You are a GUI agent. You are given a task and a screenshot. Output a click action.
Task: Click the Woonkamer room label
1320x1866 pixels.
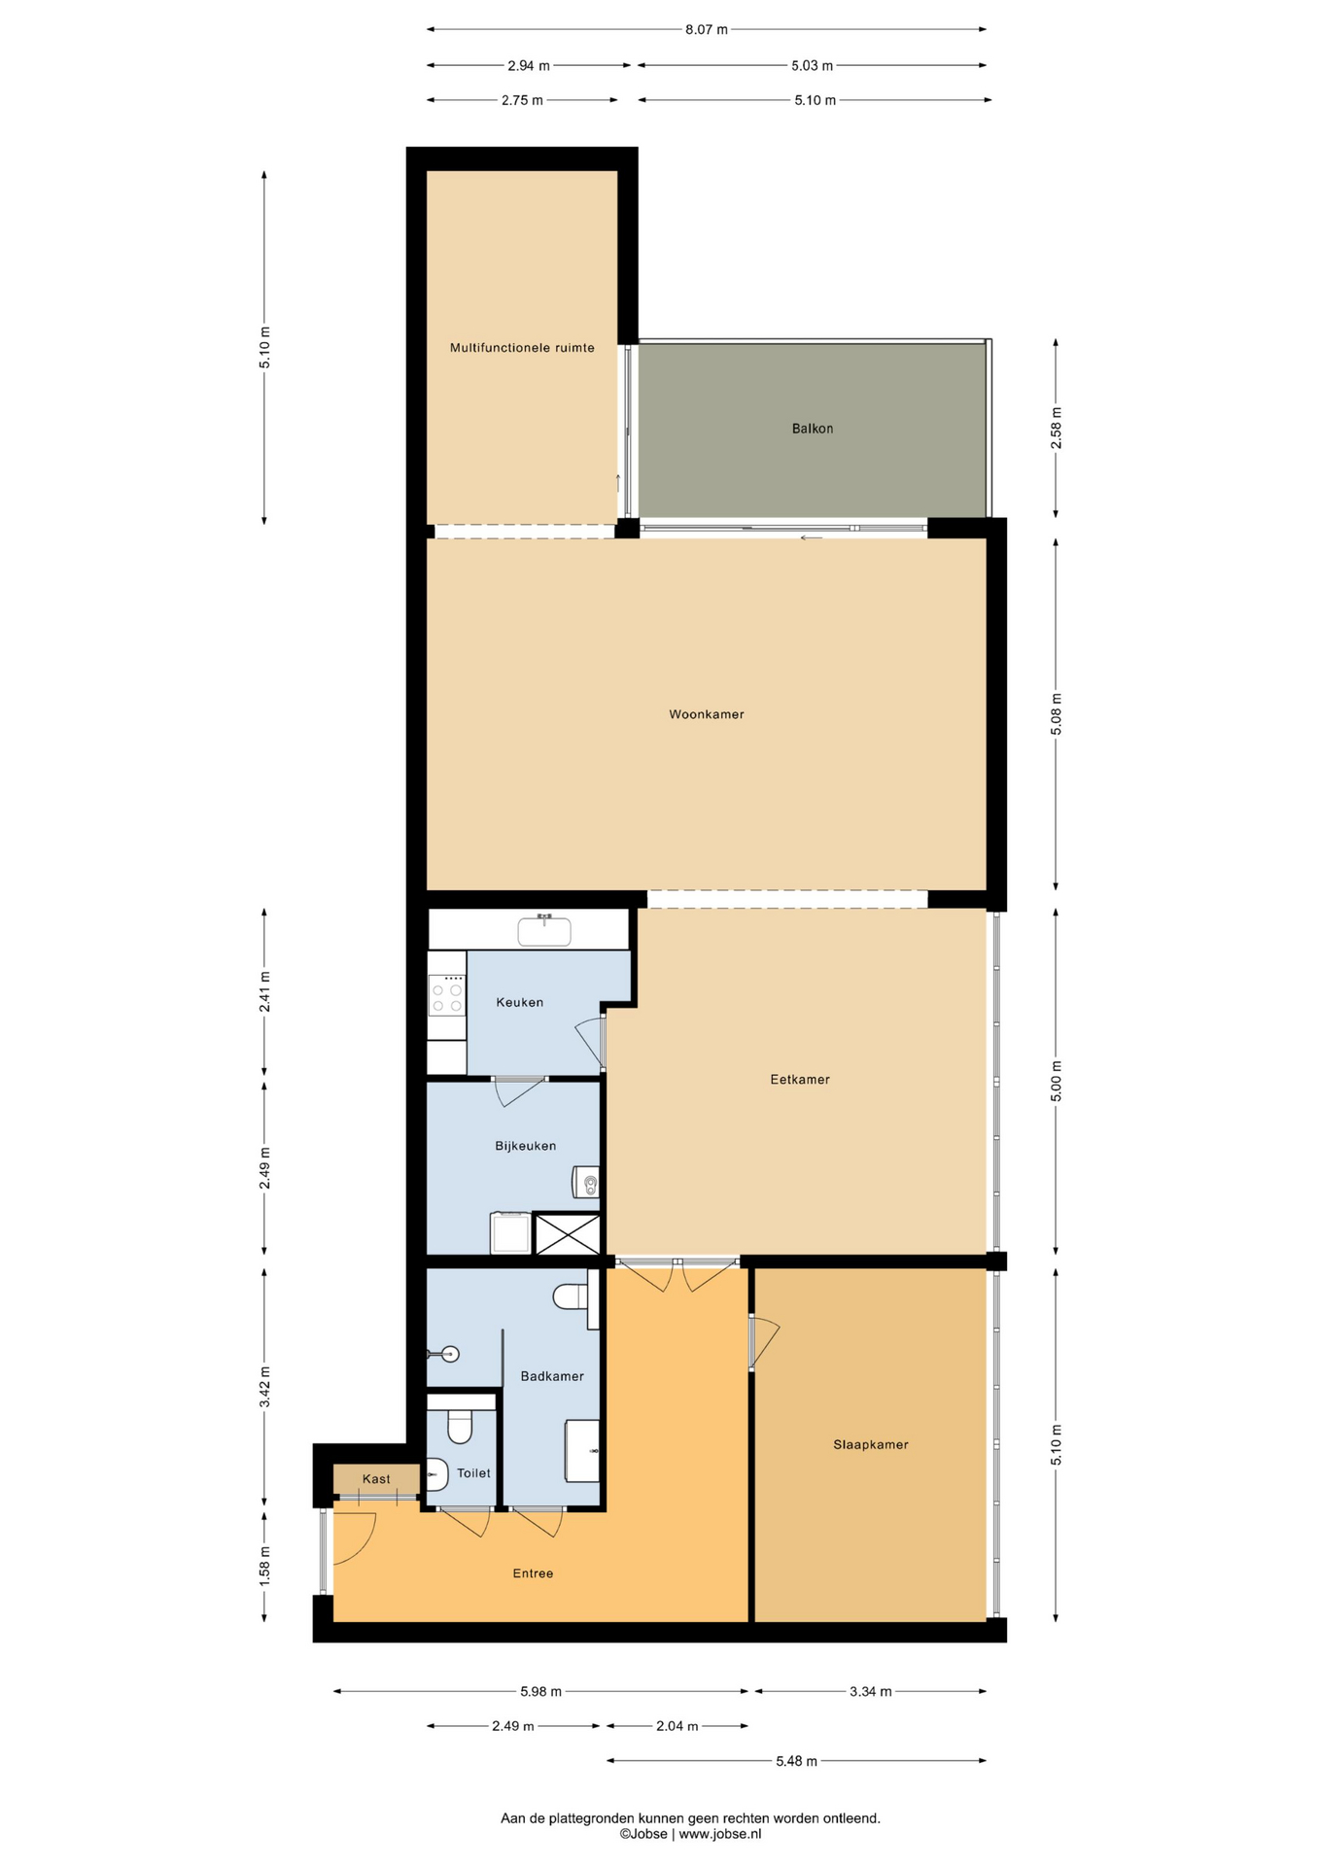(707, 714)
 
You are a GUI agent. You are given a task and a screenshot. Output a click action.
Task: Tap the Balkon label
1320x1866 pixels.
(813, 429)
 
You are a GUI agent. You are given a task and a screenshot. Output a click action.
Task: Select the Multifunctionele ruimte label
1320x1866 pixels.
(522, 348)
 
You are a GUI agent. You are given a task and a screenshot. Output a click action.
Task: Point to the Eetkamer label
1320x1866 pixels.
(800, 1079)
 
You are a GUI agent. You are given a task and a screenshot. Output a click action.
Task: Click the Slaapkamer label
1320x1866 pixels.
(871, 1444)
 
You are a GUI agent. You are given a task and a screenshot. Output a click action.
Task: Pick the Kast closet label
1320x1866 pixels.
(376, 1479)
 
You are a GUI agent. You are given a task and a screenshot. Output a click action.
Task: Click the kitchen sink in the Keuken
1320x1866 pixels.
(544, 931)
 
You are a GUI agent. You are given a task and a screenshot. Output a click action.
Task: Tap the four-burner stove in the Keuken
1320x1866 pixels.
(447, 995)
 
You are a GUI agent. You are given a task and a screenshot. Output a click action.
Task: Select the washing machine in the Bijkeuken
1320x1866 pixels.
(510, 1232)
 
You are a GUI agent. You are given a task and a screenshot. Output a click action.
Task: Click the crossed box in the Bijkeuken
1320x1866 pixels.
(568, 1233)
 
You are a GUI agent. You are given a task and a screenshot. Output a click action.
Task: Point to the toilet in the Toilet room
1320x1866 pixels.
(460, 1427)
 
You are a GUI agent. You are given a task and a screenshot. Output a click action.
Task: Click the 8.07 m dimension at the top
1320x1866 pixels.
(707, 30)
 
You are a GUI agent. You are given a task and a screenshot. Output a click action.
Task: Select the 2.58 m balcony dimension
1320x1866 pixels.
(1057, 428)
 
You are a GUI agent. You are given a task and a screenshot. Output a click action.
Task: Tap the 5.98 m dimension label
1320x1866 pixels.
(540, 1691)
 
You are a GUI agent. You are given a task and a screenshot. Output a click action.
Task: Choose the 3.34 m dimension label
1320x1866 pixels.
(870, 1691)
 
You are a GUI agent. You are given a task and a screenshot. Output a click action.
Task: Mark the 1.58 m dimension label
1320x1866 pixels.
(264, 1565)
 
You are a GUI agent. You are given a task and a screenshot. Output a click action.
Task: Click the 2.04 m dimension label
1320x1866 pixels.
(677, 1726)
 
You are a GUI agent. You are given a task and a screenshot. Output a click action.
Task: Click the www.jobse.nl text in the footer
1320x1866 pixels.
(719, 1834)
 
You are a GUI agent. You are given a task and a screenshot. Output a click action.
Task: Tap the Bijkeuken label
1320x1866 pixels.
(526, 1146)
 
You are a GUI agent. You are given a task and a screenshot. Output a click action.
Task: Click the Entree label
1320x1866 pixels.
(533, 1573)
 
